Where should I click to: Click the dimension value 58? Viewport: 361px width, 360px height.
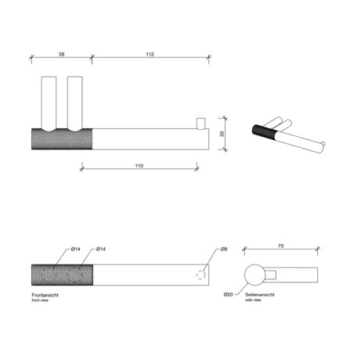tap(61, 54)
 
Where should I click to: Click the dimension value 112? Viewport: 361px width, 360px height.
tap(150, 54)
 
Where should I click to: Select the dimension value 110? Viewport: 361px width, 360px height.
tap(139, 166)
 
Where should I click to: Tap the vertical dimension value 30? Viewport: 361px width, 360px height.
tap(222, 134)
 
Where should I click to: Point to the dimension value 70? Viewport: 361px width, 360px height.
tap(280, 246)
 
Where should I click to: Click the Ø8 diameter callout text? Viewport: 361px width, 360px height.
tap(224, 249)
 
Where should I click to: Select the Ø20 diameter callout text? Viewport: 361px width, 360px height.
tap(228, 294)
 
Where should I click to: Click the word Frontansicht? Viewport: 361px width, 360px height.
tap(45, 295)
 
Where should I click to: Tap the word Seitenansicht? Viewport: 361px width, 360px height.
tap(260, 295)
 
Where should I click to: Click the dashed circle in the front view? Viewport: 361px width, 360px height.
tap(200, 275)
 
